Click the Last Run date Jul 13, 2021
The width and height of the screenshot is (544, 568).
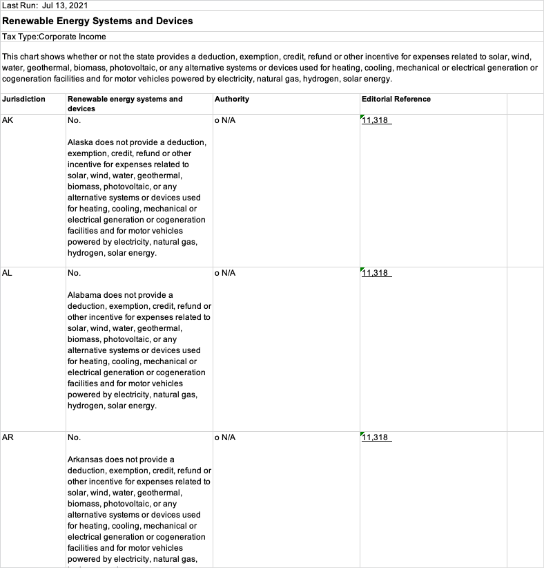[x=65, y=6]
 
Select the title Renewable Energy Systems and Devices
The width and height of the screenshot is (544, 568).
[x=98, y=21]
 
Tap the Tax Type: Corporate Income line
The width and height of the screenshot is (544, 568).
[x=55, y=37]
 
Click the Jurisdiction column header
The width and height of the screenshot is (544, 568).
[x=23, y=99]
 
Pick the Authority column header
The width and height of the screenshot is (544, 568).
[x=232, y=99]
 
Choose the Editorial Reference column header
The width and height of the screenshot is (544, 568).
[x=396, y=99]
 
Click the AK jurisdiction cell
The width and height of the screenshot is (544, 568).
[x=8, y=120]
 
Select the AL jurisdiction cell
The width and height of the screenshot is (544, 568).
[x=8, y=273]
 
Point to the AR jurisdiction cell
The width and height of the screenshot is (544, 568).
[x=8, y=437]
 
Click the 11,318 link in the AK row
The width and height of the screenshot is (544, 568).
[x=376, y=120]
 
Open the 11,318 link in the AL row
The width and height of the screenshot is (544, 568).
[x=376, y=273]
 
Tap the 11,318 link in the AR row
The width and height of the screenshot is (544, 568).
[x=376, y=437]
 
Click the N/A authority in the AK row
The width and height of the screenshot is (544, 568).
[x=227, y=120]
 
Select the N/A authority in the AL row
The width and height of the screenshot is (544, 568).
[x=227, y=273]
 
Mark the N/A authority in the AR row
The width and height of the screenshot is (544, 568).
[x=227, y=437]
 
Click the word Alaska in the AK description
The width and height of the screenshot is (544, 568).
[x=80, y=142]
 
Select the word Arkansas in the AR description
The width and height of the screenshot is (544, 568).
[x=86, y=460]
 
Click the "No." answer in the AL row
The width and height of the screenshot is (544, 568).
[x=74, y=273]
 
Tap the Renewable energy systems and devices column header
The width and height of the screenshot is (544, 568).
[x=125, y=103]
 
